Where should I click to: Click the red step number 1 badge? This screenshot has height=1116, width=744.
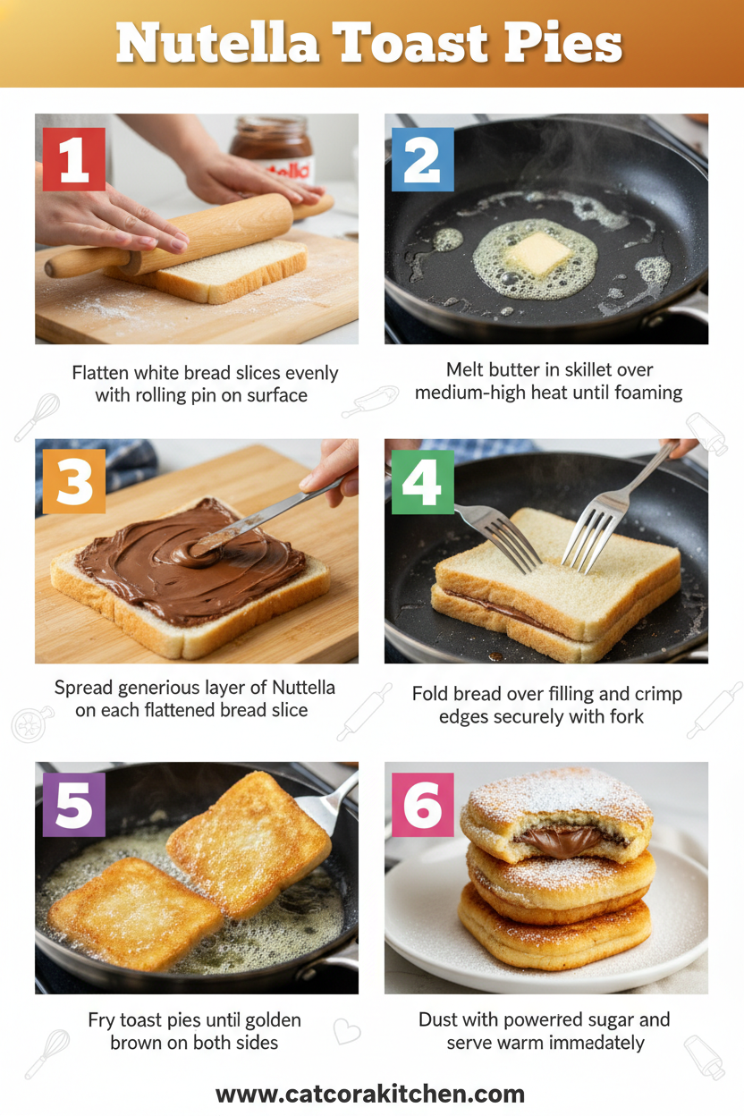(x=73, y=159)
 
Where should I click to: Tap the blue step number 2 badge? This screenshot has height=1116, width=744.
(x=423, y=159)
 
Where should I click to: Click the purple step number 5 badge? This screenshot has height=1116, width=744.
(x=73, y=805)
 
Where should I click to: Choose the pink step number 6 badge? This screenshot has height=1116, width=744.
(x=423, y=805)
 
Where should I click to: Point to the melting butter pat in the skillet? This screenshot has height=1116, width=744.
(x=537, y=254)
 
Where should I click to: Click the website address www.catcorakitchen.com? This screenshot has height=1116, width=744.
(x=370, y=1094)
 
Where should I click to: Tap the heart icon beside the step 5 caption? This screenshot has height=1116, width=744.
(x=346, y=1031)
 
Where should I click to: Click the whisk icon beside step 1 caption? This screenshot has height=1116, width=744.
(x=37, y=417)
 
